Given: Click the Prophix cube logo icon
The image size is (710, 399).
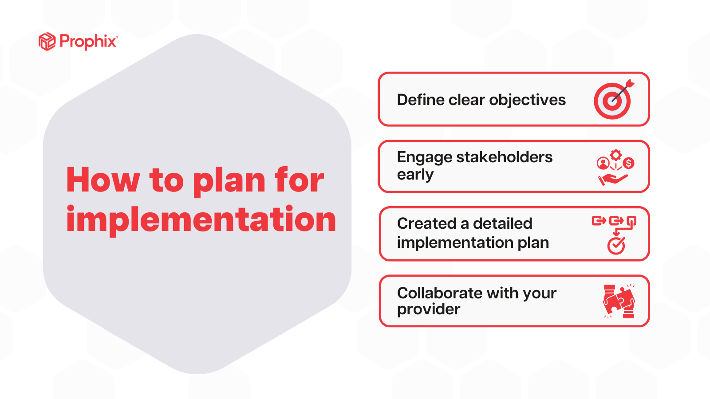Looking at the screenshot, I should click(47, 42).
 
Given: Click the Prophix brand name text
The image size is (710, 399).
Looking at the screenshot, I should click(88, 42).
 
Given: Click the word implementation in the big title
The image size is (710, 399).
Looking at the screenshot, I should click(201, 219).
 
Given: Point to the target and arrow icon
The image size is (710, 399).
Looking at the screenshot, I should click(613, 100).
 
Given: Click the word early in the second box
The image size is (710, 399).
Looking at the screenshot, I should click(415, 175).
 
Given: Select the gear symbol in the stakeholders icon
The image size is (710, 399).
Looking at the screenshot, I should click(615, 155).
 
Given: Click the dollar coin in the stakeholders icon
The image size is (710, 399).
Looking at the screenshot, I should click(628, 163).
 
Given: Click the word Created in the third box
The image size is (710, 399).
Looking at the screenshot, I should click(426, 223).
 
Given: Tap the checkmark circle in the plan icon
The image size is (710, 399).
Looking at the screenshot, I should click(616, 246).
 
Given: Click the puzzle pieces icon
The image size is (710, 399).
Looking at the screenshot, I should click(619, 301).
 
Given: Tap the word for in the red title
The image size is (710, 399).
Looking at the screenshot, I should click(299, 180).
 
